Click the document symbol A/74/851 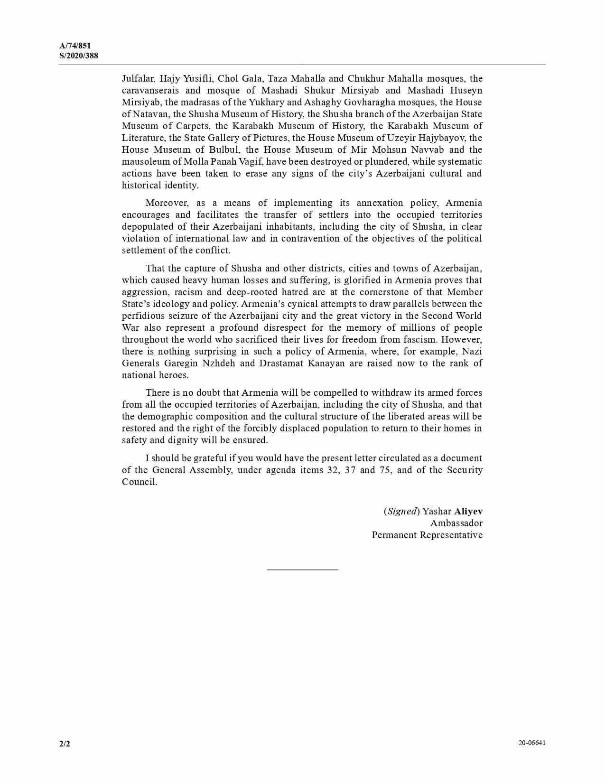[75, 46]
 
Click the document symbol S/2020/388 [79, 56]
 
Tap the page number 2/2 [65, 744]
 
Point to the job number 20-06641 [532, 743]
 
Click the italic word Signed [401, 512]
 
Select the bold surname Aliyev [468, 512]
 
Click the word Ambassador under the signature [456, 523]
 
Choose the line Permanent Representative [427, 535]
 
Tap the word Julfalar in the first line [138, 79]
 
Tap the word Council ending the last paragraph [139, 482]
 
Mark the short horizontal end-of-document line [302, 569]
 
